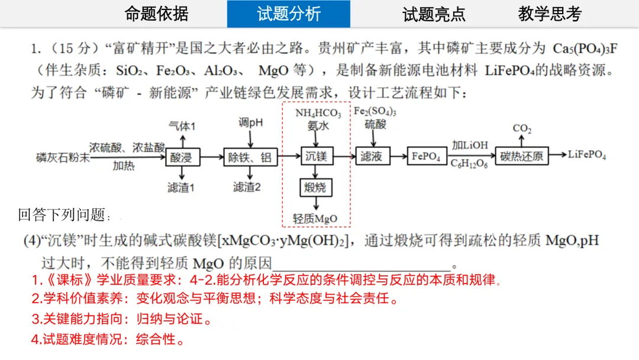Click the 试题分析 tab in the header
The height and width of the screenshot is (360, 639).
point(288,14)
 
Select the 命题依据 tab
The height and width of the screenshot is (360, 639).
point(157,14)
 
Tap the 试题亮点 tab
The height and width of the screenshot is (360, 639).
point(434,14)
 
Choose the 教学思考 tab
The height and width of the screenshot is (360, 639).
point(550,14)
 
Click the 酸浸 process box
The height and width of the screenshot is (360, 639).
point(183,156)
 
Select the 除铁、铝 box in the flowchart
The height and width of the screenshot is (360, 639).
point(250,156)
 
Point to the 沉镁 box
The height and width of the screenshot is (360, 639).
point(317,156)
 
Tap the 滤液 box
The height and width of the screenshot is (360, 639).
point(374,156)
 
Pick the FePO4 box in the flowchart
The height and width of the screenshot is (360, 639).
point(426,156)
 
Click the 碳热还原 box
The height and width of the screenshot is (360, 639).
point(521,156)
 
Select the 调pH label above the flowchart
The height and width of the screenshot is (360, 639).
point(250,123)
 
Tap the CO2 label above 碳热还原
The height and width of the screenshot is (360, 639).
point(522,128)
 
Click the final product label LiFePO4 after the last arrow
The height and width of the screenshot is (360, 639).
point(587,155)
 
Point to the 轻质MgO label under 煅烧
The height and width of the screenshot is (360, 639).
point(315,218)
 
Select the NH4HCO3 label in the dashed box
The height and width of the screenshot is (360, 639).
point(318,113)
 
